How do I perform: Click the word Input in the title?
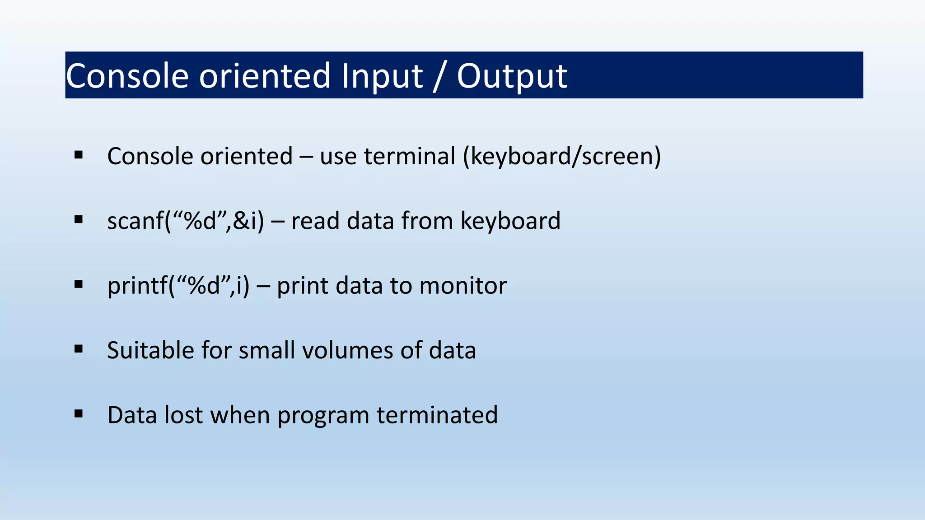pyautogui.click(x=382, y=76)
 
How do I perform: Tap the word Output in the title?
pyautogui.click(x=512, y=76)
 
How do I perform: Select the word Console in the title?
pyautogui.click(x=127, y=76)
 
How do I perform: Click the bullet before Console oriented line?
pyautogui.click(x=79, y=155)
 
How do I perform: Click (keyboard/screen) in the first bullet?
pyautogui.click(x=561, y=156)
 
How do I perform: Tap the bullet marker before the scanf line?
pyautogui.click(x=79, y=220)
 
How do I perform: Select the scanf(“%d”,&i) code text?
pyautogui.click(x=185, y=221)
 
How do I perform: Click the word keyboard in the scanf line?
pyautogui.click(x=510, y=221)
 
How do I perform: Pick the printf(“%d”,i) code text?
pyautogui.click(x=178, y=286)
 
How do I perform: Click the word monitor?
pyautogui.click(x=462, y=286)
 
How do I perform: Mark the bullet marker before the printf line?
pyautogui.click(x=79, y=284)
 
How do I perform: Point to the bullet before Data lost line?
pyautogui.click(x=79, y=414)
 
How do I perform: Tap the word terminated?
pyautogui.click(x=437, y=415)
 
